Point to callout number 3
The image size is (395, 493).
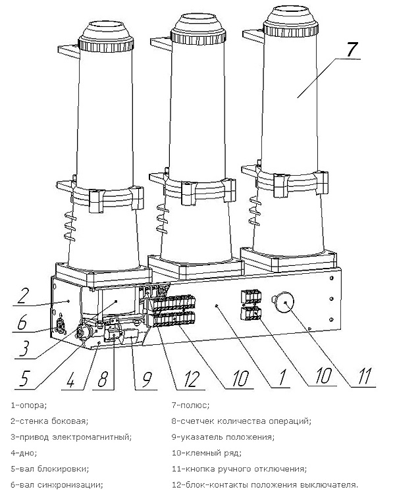coord(25,348)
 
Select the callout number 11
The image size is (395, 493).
coord(363,376)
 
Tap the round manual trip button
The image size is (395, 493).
coord(283,303)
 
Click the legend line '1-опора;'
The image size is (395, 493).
coord(28,405)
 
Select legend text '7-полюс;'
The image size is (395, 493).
coord(190,405)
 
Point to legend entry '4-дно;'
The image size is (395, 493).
coord(24,453)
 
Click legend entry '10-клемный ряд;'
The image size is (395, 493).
coord(207,453)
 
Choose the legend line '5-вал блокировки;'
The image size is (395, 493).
coord(49,469)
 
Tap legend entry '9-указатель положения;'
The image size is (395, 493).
coord(223,437)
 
